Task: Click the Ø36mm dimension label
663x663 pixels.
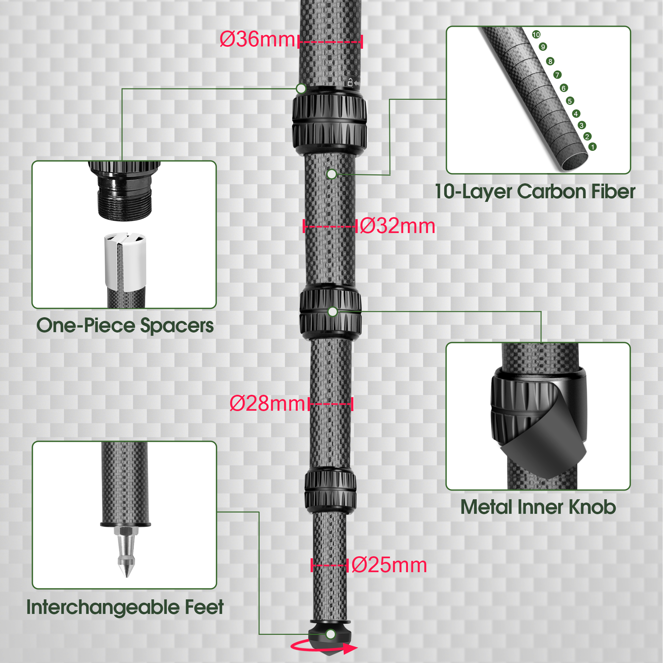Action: tap(257, 39)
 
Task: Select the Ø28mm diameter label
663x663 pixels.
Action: tap(267, 403)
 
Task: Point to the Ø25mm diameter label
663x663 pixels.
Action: tap(389, 565)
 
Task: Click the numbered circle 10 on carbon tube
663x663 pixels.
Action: tap(536, 34)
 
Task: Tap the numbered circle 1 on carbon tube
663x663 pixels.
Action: tap(593, 147)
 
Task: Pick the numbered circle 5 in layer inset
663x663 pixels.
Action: tap(570, 101)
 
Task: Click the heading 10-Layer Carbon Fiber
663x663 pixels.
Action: tap(535, 192)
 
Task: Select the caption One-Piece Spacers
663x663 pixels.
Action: tap(125, 325)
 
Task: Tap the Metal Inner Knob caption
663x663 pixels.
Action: tap(538, 507)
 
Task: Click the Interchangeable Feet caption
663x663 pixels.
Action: tap(125, 607)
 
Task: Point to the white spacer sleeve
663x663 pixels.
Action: tap(125, 260)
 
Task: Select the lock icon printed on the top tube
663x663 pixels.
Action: tap(350, 82)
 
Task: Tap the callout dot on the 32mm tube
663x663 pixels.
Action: tap(331, 174)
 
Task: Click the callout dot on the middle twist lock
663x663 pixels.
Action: tap(332, 312)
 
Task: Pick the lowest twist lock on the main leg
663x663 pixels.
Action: tap(330, 492)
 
